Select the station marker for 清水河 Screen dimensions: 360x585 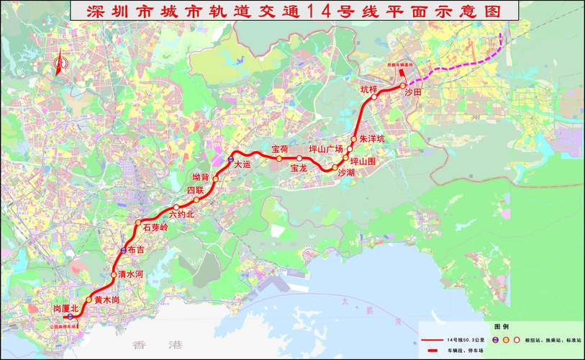pos(113,275)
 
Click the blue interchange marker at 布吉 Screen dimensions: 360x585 pos(123,251)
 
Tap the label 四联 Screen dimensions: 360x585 pos(196,190)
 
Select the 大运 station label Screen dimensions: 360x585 pos(243,165)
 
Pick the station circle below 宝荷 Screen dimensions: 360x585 pos(279,158)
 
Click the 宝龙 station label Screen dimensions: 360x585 pos(299,168)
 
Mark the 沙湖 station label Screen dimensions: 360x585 pos(346,173)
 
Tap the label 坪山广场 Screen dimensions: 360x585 pos(325,148)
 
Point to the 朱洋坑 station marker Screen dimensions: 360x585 pos(354,140)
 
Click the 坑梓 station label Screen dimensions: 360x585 pos(368,89)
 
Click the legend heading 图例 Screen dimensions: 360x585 pos(501,326)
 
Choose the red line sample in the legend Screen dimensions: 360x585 pos(432,338)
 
